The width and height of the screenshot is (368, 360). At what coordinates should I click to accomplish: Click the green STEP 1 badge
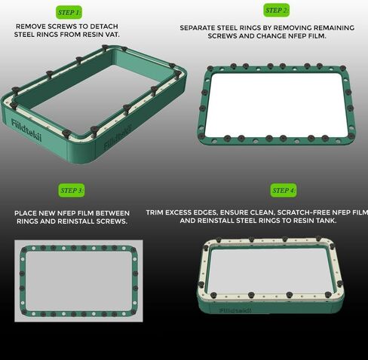tap(69, 12)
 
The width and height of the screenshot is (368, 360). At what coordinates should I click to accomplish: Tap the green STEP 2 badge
tap(276, 11)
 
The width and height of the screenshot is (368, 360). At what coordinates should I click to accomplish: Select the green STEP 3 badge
tap(72, 191)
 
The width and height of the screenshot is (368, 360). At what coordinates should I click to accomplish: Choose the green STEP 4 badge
tap(284, 191)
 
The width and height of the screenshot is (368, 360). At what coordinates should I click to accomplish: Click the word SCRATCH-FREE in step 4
tap(303, 212)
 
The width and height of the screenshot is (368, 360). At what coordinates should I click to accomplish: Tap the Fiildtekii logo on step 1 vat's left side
tap(26, 130)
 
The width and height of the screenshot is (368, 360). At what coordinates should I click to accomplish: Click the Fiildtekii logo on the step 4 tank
tap(235, 310)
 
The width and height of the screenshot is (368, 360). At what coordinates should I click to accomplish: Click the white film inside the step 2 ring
tap(276, 105)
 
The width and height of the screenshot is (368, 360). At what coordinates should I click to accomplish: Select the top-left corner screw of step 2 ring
tap(210, 69)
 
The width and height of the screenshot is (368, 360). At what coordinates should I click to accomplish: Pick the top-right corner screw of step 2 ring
tap(343, 68)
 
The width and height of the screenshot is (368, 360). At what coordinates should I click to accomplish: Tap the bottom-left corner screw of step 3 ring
tap(24, 312)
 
